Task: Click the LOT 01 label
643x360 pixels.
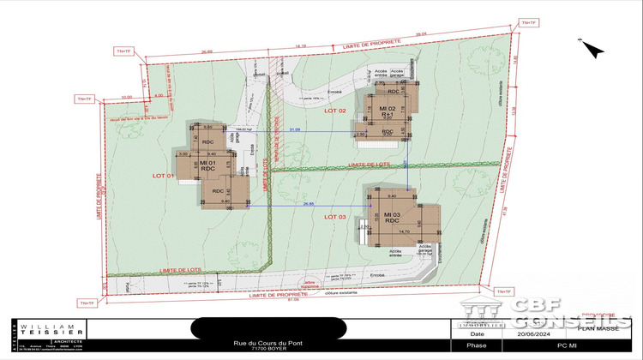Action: pyautogui.click(x=165, y=176)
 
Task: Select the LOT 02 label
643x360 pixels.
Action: pyautogui.click(x=334, y=111)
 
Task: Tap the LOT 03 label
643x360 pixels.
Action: pyautogui.click(x=334, y=218)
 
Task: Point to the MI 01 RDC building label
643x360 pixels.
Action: pyautogui.click(x=207, y=165)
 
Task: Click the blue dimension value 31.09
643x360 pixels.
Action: pyautogui.click(x=296, y=129)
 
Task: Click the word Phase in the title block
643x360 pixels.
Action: pyautogui.click(x=476, y=345)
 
